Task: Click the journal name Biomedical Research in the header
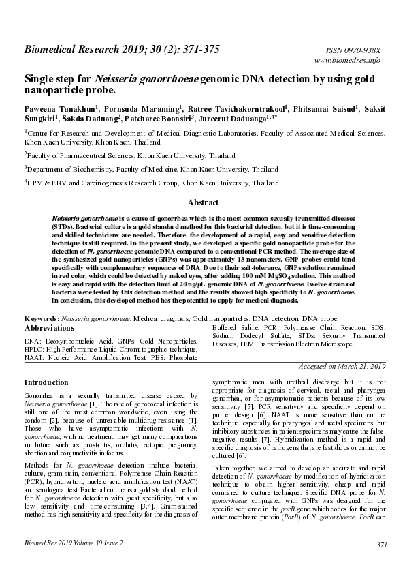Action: tap(74, 49)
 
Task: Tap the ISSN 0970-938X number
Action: tap(355, 50)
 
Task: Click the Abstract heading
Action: tap(202, 202)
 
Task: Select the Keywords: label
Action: tap(43, 318)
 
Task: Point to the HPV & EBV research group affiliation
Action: tap(153, 183)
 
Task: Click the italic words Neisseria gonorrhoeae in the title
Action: tap(141, 79)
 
